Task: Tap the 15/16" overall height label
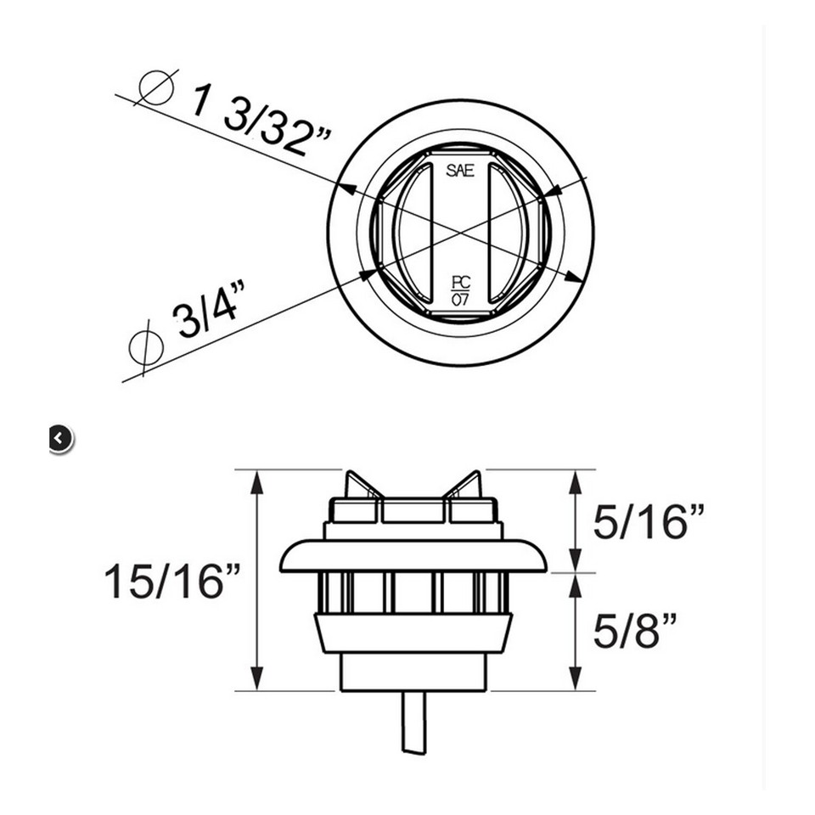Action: [x=172, y=581]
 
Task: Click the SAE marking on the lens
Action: [x=460, y=171]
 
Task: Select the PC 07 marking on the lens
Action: [x=460, y=290]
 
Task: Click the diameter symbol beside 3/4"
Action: [x=145, y=346]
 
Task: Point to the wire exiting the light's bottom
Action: [x=413, y=721]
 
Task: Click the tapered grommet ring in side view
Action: [x=413, y=632]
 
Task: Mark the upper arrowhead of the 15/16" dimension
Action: [x=257, y=481]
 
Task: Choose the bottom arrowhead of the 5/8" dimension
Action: [x=576, y=679]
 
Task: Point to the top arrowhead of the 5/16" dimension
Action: [x=576, y=481]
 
